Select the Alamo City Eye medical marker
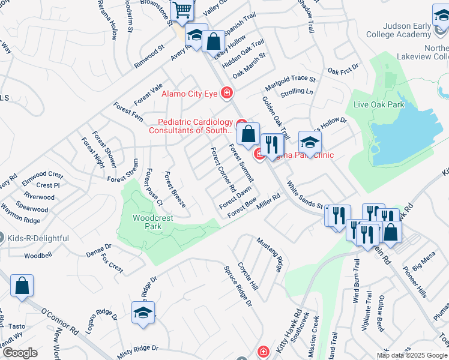[x=227, y=92]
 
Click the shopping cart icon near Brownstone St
[x=182, y=10]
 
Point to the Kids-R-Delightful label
[x=38, y=238]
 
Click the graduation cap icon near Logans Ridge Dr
[x=143, y=312]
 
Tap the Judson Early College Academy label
[x=414, y=31]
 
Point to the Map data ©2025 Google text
[x=412, y=355]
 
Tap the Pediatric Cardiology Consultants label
[x=191, y=125]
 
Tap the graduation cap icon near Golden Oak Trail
[x=310, y=143]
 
